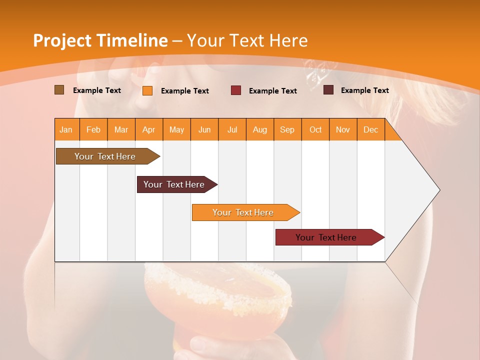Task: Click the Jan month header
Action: point(66,130)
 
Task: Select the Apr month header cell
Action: point(149,130)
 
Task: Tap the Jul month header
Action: point(232,130)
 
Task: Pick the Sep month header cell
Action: point(287,130)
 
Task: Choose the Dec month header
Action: point(370,130)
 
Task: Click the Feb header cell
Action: point(93,130)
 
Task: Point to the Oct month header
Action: point(315,130)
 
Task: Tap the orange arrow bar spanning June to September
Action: point(243,212)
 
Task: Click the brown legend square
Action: point(59,90)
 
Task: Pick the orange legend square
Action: point(147,90)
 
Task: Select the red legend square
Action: point(236,90)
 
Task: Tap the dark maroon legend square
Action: point(328,90)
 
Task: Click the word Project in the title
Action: point(61,40)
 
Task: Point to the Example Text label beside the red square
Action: point(272,91)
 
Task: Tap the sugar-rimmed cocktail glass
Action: point(218,300)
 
